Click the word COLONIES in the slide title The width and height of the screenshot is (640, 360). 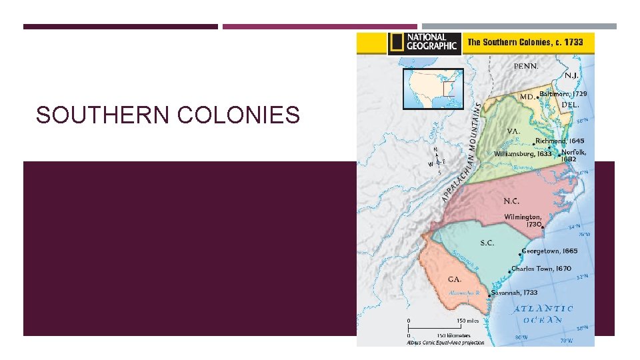point(239,115)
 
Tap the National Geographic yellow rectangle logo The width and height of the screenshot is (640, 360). point(396,43)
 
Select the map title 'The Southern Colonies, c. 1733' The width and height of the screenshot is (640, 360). point(525,42)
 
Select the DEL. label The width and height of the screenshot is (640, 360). point(571,105)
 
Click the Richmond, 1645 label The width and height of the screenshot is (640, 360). point(561,141)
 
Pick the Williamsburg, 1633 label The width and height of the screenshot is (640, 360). point(523,153)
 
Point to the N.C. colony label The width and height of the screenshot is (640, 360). point(511,201)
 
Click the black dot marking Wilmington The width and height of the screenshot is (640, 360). point(543,227)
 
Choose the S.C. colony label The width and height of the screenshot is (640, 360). point(487,243)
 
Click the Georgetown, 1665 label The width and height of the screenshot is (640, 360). point(550,251)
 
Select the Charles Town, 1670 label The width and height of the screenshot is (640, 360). point(541,269)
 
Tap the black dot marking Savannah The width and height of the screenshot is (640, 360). point(491,293)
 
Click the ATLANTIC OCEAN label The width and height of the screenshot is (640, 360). point(543,314)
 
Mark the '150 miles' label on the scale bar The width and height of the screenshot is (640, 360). point(449,321)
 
